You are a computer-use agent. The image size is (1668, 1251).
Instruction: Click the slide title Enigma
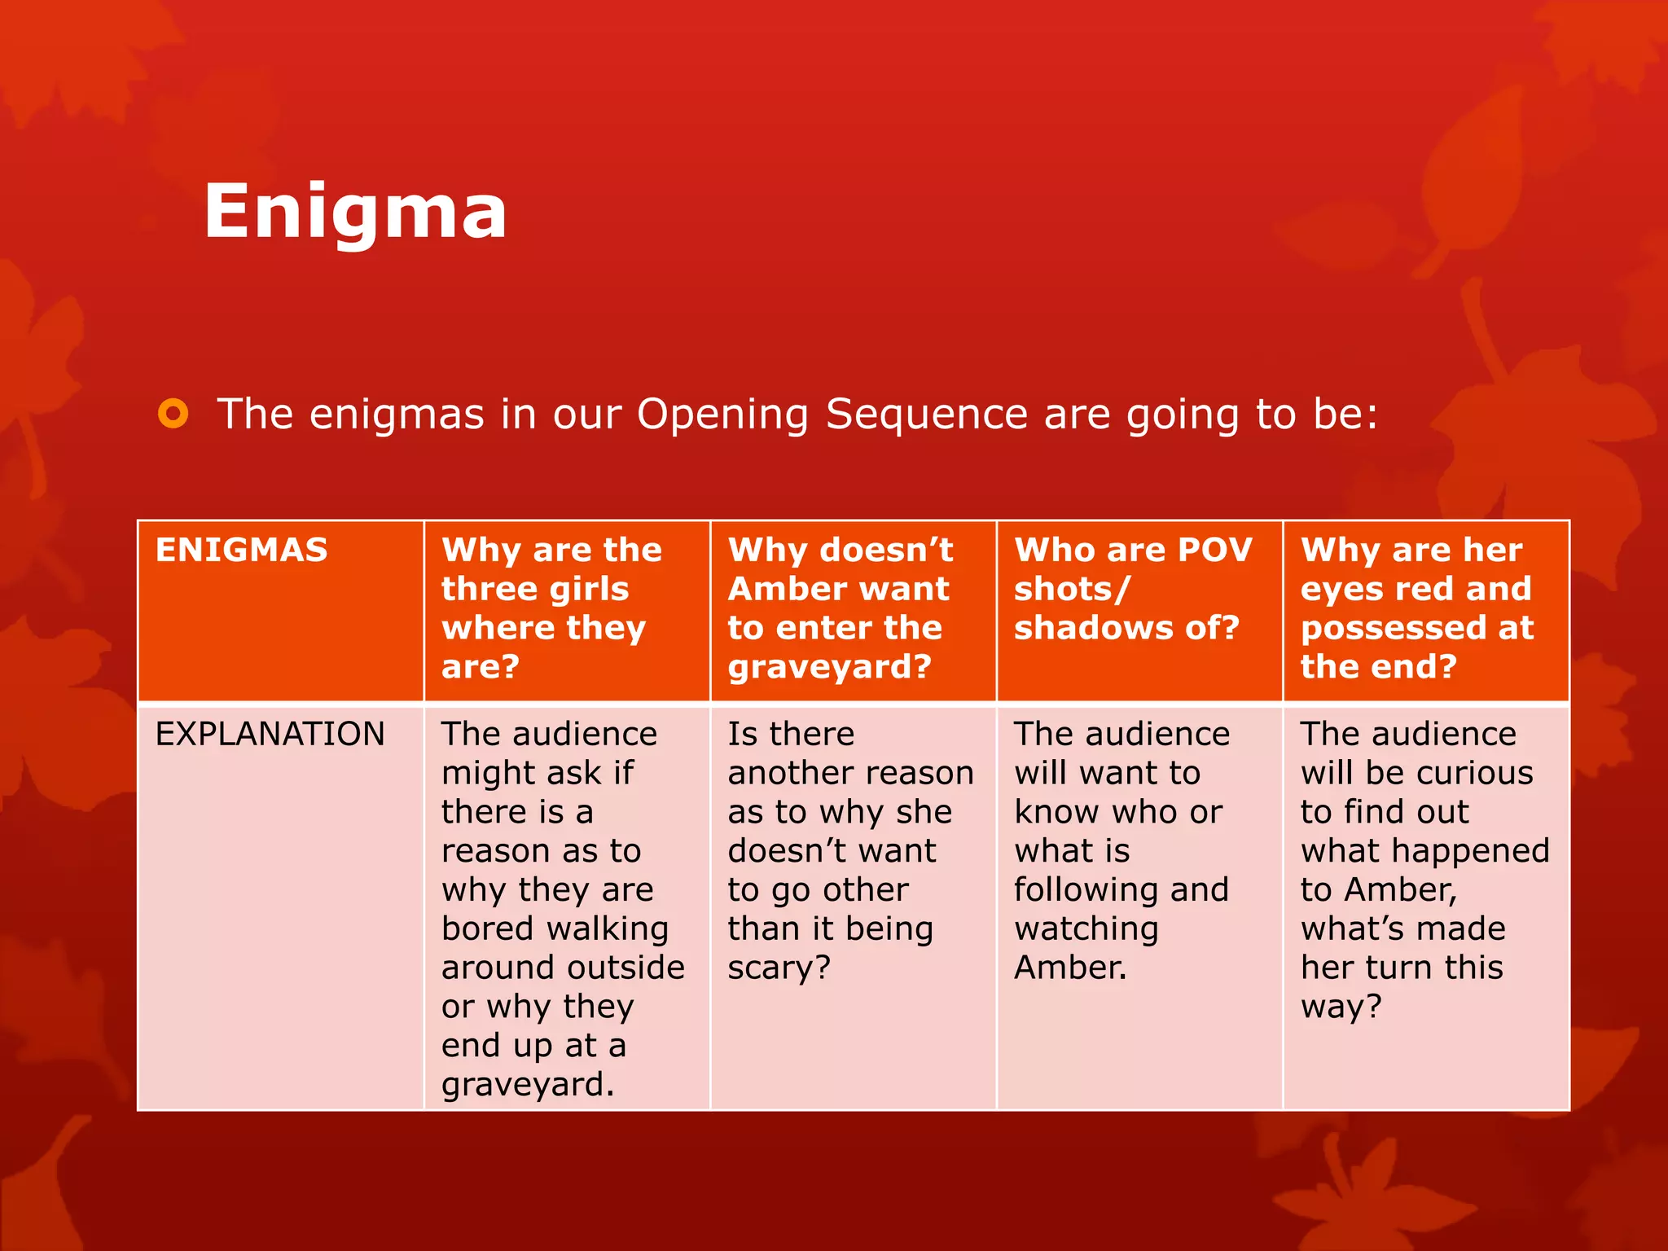click(x=355, y=212)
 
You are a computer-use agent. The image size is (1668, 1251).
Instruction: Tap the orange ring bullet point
click(x=173, y=414)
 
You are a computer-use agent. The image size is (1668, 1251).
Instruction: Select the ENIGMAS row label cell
click(x=242, y=551)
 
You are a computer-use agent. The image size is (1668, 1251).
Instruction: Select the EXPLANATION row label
click(x=270, y=734)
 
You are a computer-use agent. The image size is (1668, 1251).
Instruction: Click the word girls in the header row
click(x=582, y=589)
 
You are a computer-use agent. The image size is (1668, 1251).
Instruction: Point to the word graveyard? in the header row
click(x=829, y=667)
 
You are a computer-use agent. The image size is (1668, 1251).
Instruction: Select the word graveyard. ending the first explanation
click(x=527, y=1085)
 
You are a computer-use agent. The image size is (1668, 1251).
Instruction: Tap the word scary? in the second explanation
click(x=779, y=968)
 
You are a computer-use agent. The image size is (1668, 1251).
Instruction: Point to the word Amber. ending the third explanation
click(x=1069, y=968)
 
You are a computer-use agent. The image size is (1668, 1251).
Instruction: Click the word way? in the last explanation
click(x=1341, y=1007)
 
